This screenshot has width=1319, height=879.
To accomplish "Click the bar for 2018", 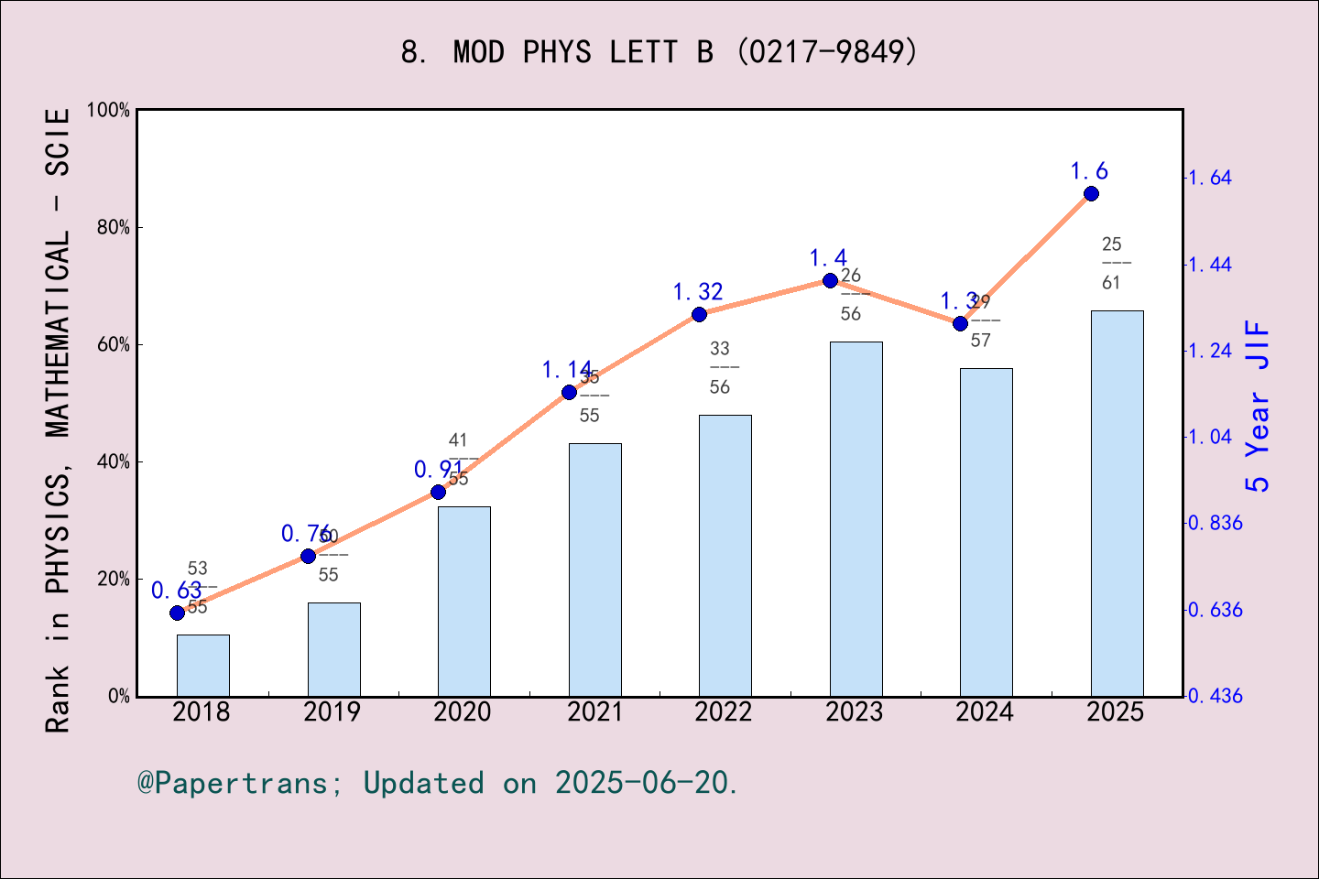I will point(202,666).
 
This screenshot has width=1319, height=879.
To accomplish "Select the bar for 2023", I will point(856,519).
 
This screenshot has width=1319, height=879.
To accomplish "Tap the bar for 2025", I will point(1117,504).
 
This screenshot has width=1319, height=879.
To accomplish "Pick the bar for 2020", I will point(463,602).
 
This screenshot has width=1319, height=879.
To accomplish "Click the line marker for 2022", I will point(699,314).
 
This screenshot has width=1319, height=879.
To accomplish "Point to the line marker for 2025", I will point(1091,193).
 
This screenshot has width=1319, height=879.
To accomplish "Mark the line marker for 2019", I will point(308,556).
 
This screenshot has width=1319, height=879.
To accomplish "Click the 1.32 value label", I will point(698,292).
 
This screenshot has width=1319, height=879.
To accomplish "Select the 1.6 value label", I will point(1089,171).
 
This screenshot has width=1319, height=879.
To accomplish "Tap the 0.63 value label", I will point(176,591).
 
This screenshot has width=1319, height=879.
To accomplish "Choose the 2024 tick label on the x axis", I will point(985,712).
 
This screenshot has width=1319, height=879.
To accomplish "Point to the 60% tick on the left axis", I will point(114,345).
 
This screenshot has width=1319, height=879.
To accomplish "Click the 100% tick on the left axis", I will point(109,110).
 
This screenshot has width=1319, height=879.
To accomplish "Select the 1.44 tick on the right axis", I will point(1210,265).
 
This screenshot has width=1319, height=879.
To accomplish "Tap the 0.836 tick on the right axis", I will point(1215,523).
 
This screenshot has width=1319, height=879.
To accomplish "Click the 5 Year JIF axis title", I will point(1259,407).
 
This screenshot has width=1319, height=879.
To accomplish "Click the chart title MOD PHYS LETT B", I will point(659,52).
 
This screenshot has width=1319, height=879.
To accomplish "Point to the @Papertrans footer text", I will point(438,783).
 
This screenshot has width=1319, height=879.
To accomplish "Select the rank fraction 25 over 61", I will point(1111,264).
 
